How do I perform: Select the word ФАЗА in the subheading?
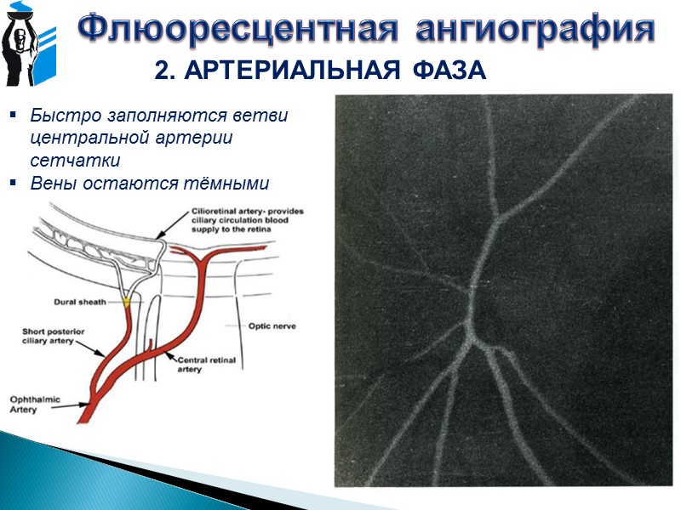pyautogui.click(x=448, y=72)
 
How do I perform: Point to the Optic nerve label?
pyautogui.click(x=272, y=325)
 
